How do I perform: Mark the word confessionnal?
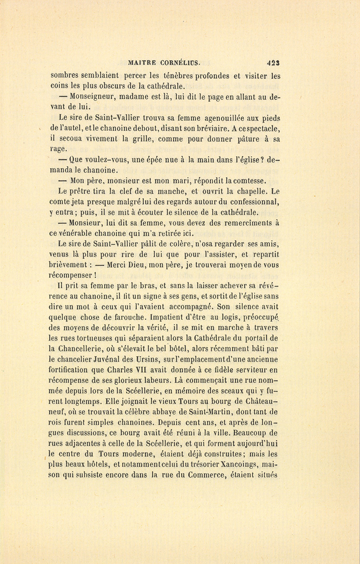tap(252, 201)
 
